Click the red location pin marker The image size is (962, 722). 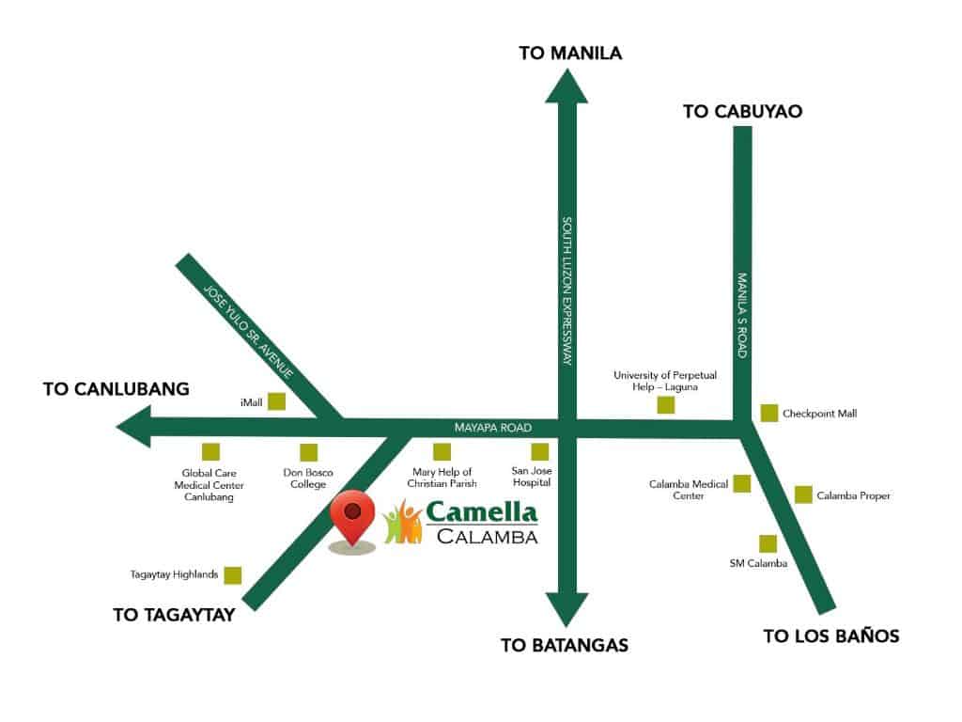click(352, 516)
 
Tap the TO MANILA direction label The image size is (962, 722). click(570, 53)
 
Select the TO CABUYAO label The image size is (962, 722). click(742, 111)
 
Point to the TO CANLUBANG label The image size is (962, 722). click(116, 388)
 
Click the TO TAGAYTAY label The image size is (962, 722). click(173, 616)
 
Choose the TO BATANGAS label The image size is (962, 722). click(564, 645)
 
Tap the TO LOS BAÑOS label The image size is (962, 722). click(830, 636)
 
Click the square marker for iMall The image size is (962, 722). click(276, 401)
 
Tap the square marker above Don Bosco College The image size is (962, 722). click(308, 452)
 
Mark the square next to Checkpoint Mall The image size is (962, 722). click(769, 413)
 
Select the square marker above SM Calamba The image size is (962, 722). click(768, 543)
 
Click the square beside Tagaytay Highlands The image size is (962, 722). click(233, 574)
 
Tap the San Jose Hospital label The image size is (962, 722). click(531, 477)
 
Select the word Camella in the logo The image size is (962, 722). click(481, 513)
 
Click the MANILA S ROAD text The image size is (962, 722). click(742, 314)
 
